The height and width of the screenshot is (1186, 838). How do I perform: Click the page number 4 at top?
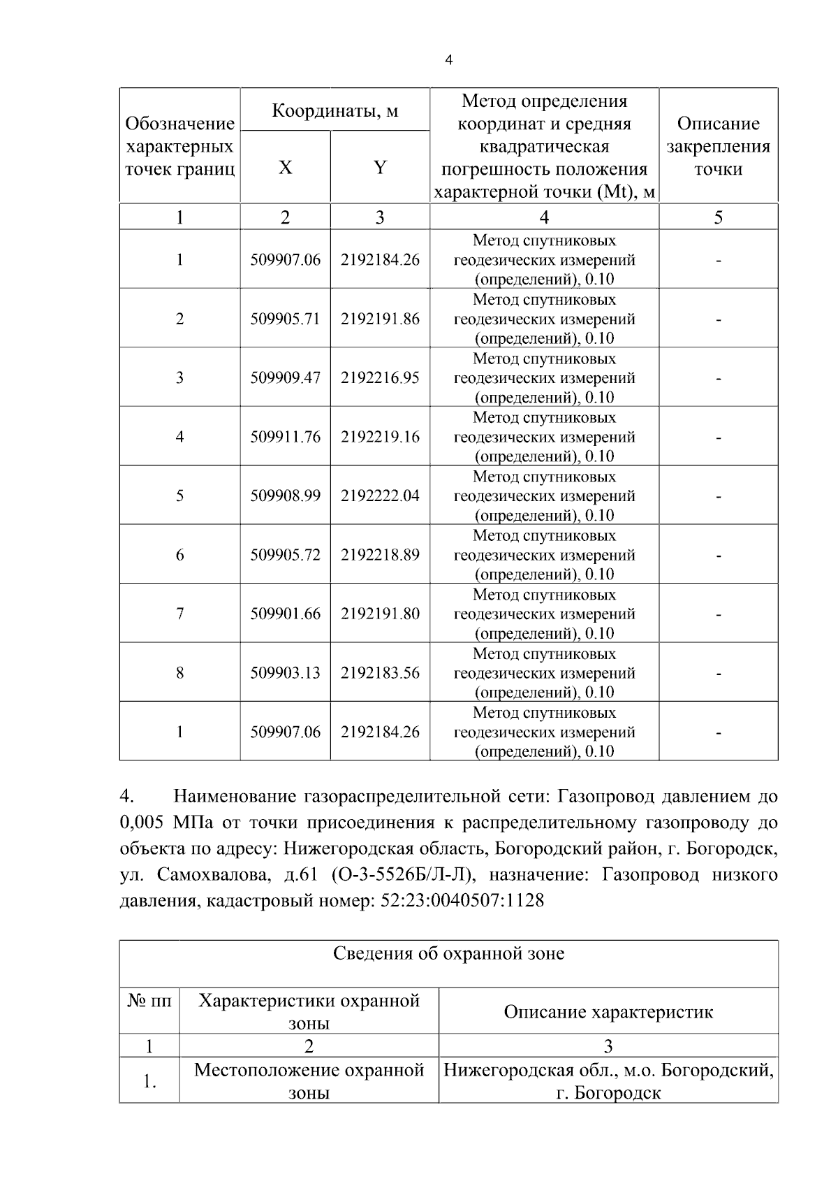click(x=448, y=61)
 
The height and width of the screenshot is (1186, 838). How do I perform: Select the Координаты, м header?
click(x=335, y=110)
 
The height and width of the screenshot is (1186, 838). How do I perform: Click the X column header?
click(x=285, y=168)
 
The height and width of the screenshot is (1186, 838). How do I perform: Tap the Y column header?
click(x=379, y=168)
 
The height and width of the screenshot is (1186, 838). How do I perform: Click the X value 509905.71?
click(x=285, y=319)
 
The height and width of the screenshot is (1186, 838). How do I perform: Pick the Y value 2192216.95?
click(x=380, y=378)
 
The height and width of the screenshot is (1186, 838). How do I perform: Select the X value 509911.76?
click(x=285, y=437)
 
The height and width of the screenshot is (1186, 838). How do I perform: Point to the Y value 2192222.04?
click(x=380, y=496)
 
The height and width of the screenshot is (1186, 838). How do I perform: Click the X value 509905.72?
click(x=285, y=555)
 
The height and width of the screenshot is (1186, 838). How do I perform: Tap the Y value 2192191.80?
click(x=380, y=614)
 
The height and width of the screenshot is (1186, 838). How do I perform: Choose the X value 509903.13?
click(x=285, y=673)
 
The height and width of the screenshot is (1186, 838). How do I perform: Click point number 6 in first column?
click(x=179, y=555)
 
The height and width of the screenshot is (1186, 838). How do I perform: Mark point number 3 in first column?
click(x=179, y=378)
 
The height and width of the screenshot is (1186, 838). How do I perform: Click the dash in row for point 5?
click(x=718, y=497)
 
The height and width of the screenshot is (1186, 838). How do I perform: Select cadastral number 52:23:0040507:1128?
click(x=462, y=901)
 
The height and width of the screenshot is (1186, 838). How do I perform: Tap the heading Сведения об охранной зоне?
click(x=448, y=953)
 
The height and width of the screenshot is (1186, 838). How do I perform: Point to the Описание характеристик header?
click(x=608, y=1012)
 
